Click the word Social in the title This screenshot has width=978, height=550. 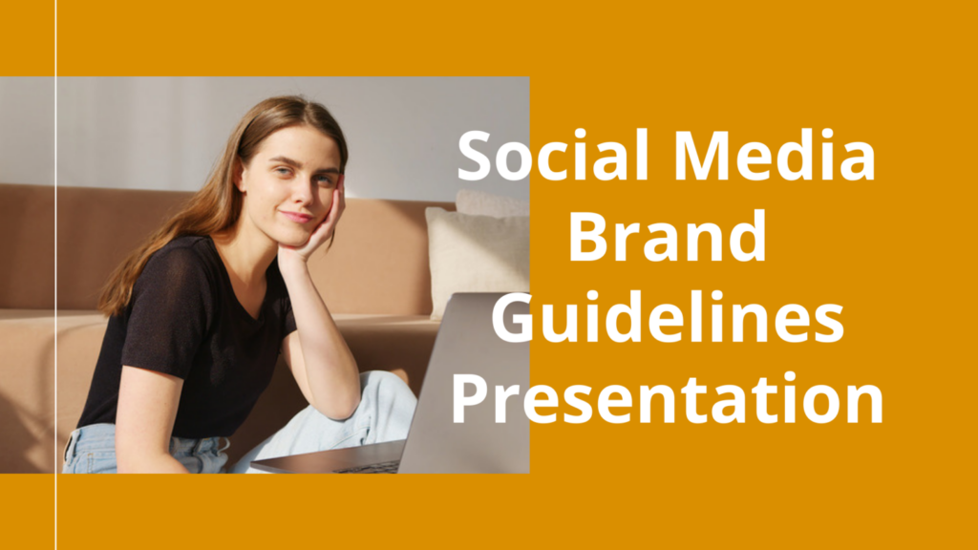553,155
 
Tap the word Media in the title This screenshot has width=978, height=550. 775,155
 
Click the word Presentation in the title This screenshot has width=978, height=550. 667,399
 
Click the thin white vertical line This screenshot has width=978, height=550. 56,275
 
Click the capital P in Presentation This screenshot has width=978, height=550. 470,399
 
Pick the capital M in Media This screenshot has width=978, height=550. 704,155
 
